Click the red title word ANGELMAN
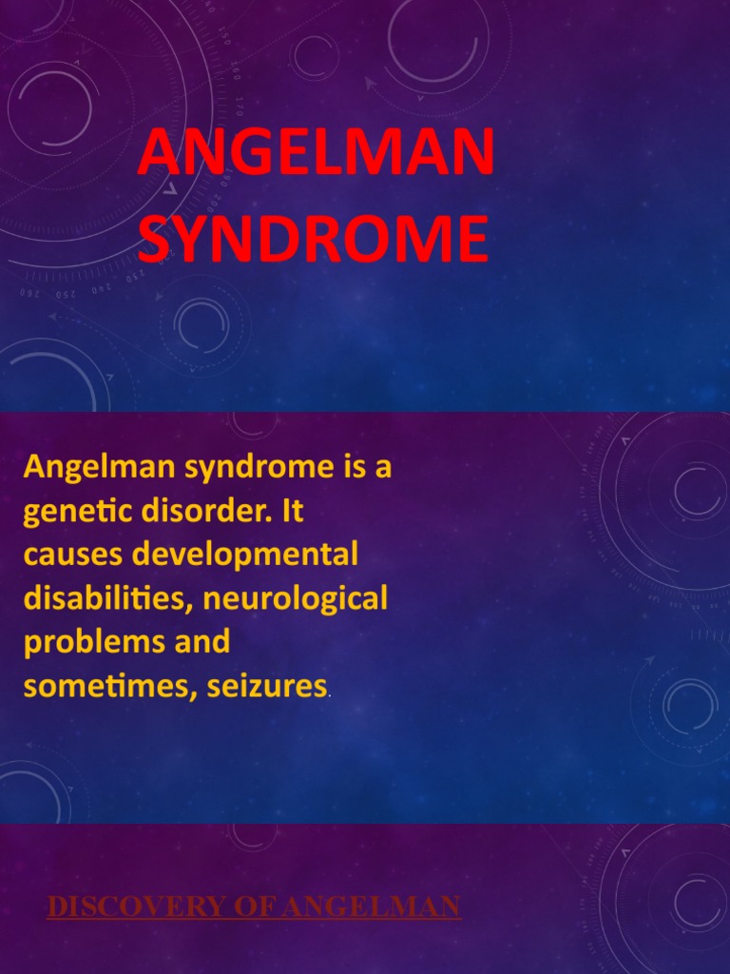coord(316,155)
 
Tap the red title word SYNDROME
coord(313,241)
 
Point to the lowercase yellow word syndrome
coord(238,468)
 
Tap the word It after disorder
coord(294,511)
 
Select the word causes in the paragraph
coord(72,555)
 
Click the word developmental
coord(246,555)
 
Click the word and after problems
coord(202,642)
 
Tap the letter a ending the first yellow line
coord(384,469)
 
